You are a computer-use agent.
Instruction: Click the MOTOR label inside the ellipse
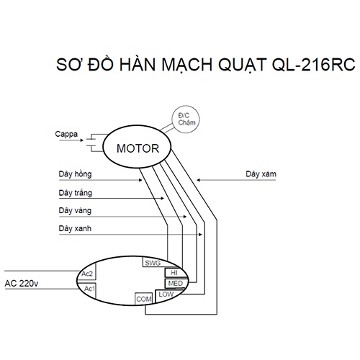click(x=138, y=148)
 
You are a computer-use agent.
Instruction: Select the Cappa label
click(x=66, y=134)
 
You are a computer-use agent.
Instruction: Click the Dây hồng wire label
click(x=75, y=174)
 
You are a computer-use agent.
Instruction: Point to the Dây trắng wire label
click(x=76, y=193)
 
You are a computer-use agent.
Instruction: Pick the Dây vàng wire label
click(x=75, y=210)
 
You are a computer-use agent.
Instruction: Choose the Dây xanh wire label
click(x=75, y=228)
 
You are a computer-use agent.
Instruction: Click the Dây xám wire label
click(x=261, y=174)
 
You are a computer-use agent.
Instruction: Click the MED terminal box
click(x=176, y=284)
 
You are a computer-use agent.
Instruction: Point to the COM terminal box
click(x=143, y=299)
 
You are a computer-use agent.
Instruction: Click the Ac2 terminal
click(x=87, y=273)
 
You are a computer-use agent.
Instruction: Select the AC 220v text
click(x=22, y=284)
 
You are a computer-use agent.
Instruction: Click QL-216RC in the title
click(x=313, y=65)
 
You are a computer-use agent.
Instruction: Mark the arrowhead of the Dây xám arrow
click(x=198, y=180)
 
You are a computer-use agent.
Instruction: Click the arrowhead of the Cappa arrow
click(x=81, y=140)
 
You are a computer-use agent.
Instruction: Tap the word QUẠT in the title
click(x=242, y=66)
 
